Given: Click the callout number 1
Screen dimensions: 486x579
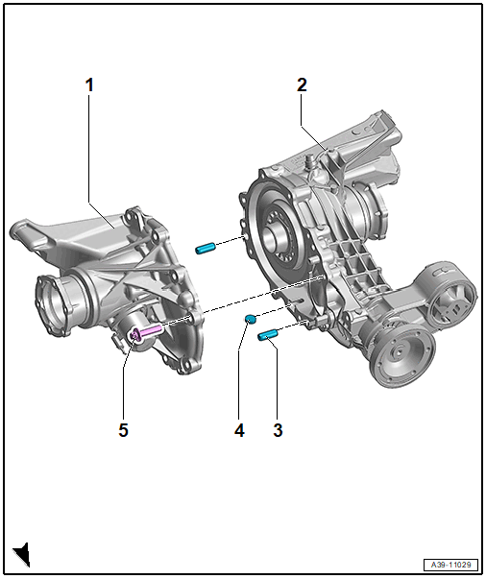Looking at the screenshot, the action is pyautogui.click(x=89, y=85).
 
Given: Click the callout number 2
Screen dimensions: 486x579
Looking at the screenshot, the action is pyautogui.click(x=302, y=85).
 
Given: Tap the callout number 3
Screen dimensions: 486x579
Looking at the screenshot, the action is pyautogui.click(x=279, y=430).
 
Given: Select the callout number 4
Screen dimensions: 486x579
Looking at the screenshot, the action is pyautogui.click(x=239, y=430).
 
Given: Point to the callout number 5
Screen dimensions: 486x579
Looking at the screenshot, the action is pyautogui.click(x=123, y=430).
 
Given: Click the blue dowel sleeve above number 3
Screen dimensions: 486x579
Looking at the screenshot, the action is pyautogui.click(x=267, y=335).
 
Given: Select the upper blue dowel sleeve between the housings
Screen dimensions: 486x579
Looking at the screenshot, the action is pyautogui.click(x=206, y=248).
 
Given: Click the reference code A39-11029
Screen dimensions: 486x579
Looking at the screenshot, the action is pyautogui.click(x=450, y=565).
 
